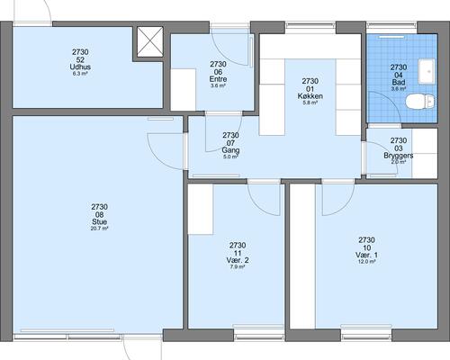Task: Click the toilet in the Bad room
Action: tap(420, 102)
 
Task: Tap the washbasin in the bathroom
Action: tap(427, 71)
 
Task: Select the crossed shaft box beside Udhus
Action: tap(150, 41)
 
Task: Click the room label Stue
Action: tap(99, 222)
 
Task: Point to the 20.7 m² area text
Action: tap(99, 229)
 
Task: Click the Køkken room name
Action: tap(310, 96)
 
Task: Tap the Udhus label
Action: tap(80, 67)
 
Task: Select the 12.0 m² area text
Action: tap(366, 262)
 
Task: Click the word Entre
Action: tap(218, 79)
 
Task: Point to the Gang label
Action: tap(230, 150)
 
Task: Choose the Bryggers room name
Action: tap(399, 156)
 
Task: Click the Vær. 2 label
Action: tap(238, 260)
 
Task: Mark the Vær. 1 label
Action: tap(366, 256)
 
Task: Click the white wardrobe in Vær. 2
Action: tap(201, 209)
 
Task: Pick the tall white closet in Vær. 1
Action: tap(302, 256)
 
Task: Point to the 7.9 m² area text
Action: tap(238, 266)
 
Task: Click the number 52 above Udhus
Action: tap(80, 59)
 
